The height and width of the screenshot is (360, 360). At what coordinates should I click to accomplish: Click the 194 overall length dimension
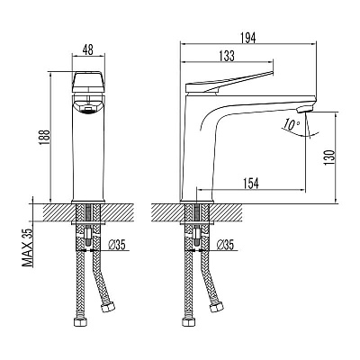pyautogui.click(x=248, y=38)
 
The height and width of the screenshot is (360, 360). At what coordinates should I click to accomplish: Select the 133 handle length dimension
pyautogui.click(x=227, y=56)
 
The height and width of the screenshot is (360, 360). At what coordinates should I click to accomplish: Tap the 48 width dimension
pyautogui.click(x=88, y=49)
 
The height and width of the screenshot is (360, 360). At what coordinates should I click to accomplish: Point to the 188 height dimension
pyautogui.click(x=45, y=137)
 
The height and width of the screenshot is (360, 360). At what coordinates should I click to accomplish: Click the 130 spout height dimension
pyautogui.click(x=329, y=157)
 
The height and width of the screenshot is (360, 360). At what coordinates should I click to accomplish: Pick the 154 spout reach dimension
pyautogui.click(x=250, y=184)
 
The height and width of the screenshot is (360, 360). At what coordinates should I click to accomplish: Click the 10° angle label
pyautogui.click(x=290, y=124)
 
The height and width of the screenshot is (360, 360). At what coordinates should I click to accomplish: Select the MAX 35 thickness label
pyautogui.click(x=28, y=247)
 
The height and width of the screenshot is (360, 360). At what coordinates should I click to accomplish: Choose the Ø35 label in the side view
pyautogui.click(x=225, y=246)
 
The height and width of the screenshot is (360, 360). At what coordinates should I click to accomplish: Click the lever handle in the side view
pyautogui.click(x=229, y=82)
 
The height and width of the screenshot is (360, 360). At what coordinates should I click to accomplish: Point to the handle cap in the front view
pyautogui.click(x=88, y=82)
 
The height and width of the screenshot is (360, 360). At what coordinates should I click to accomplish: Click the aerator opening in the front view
pyautogui.click(x=88, y=109)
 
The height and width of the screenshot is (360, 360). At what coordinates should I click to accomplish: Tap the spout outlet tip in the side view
pyautogui.click(x=303, y=110)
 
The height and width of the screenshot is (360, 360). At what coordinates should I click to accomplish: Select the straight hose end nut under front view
pyautogui.click(x=80, y=321)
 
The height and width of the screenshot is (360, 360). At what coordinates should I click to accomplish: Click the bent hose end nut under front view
pyautogui.click(x=108, y=307)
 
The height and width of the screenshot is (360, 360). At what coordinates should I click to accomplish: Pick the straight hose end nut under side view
pyautogui.click(x=188, y=321)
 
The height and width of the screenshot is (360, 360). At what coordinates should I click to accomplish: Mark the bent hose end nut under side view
pyautogui.click(x=216, y=307)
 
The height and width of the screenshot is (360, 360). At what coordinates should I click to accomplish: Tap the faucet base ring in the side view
pyautogui.click(x=196, y=202)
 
